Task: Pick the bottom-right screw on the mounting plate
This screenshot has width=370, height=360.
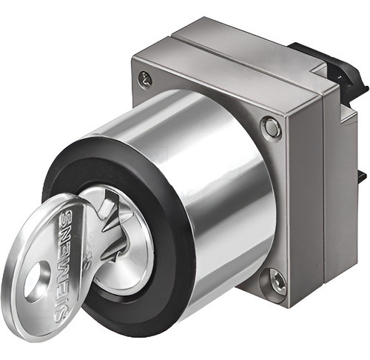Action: [276, 281]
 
